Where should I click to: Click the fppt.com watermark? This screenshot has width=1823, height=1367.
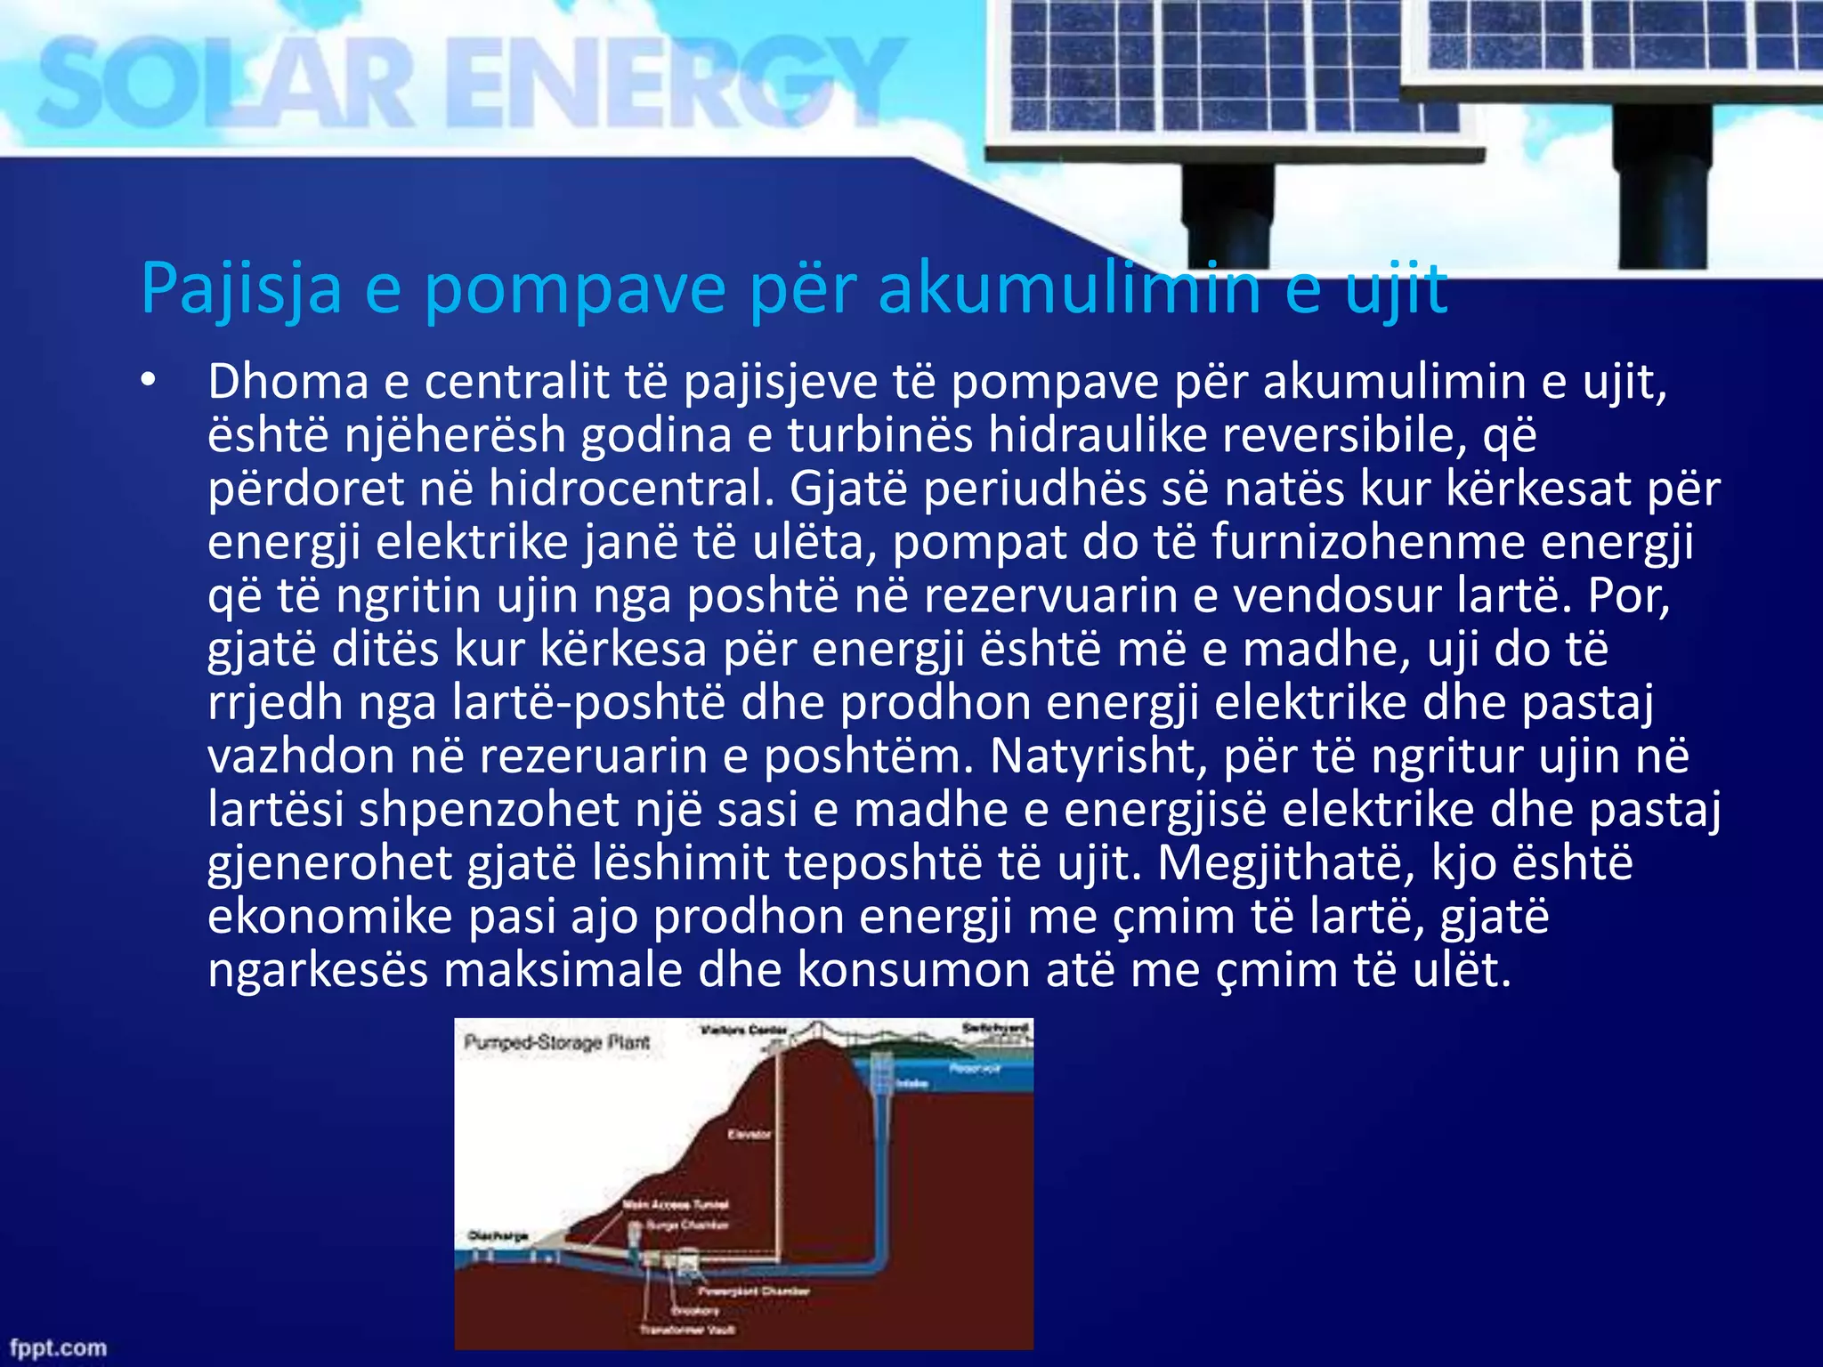coord(57,1347)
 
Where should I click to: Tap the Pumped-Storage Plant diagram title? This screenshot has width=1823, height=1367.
coord(557,1042)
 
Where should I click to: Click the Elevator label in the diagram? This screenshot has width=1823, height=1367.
coord(749,1135)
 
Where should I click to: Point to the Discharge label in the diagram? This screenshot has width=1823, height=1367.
coord(498,1235)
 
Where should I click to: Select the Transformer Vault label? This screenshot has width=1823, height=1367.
coord(687,1330)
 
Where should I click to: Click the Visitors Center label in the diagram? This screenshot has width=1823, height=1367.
coord(744,1031)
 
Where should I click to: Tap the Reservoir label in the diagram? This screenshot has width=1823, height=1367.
coord(976,1068)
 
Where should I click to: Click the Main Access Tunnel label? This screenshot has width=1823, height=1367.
coord(676,1205)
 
